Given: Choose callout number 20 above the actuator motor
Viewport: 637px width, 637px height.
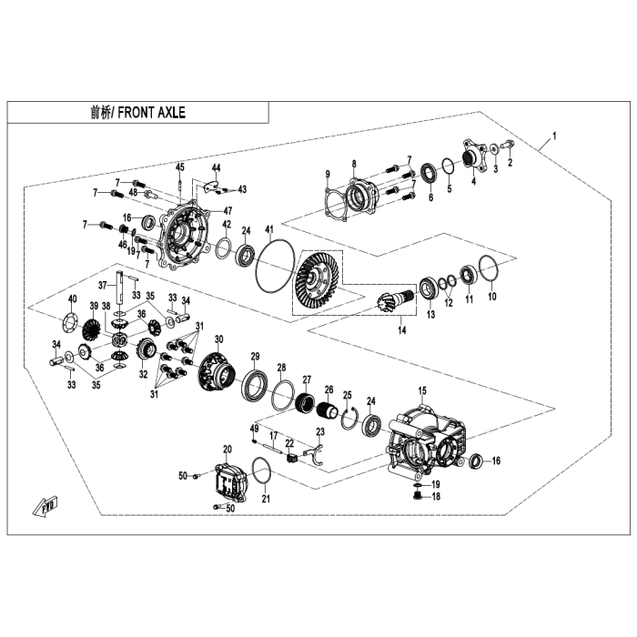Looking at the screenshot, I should tap(227, 449).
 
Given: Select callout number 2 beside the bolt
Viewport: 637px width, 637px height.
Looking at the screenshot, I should tap(511, 164).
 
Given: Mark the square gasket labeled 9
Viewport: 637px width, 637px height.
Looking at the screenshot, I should tap(336, 204).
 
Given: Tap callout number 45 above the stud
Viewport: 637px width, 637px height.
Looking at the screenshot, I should tap(180, 167).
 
